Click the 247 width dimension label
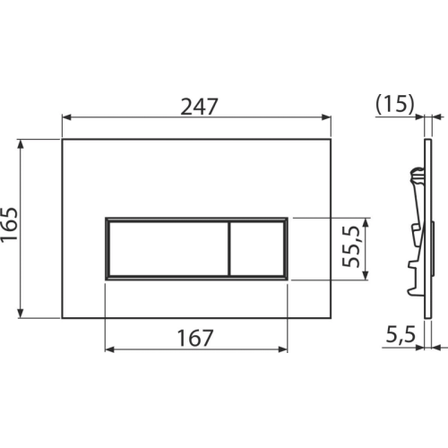(x=200, y=107)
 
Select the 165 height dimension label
(x=9, y=225)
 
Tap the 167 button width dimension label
(x=195, y=338)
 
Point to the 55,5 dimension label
(x=350, y=246)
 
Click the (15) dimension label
(x=395, y=104)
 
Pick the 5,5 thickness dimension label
(x=401, y=334)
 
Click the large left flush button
(x=168, y=248)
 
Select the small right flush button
(x=257, y=248)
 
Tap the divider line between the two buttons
(x=229, y=248)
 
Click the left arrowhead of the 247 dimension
(x=66, y=117)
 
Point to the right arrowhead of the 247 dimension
(x=326, y=117)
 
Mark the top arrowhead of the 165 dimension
(x=21, y=143)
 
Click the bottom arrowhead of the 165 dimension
(x=21, y=314)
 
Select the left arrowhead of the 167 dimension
(x=109, y=349)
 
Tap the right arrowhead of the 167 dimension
(x=283, y=349)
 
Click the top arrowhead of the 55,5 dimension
(x=366, y=223)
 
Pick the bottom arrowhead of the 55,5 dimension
(x=366, y=275)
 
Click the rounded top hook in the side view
(x=417, y=175)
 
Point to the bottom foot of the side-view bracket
(x=416, y=292)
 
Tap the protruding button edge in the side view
(x=433, y=248)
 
